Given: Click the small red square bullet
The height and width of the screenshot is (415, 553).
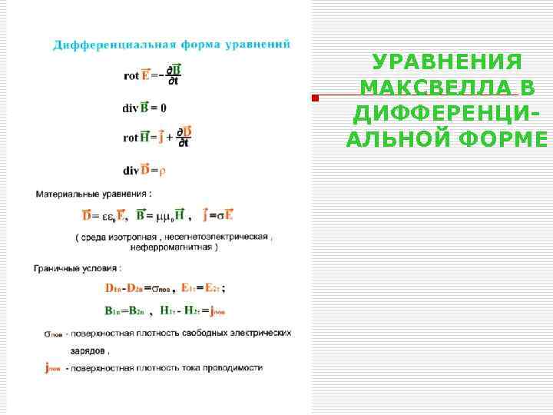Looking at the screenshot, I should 314,98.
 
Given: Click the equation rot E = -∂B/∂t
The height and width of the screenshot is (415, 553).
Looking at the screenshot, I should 152,75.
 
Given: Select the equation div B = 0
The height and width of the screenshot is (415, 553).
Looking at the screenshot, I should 144,108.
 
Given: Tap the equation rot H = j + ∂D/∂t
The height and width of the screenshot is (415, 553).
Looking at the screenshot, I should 157,137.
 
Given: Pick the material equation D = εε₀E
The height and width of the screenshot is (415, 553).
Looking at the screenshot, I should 104,215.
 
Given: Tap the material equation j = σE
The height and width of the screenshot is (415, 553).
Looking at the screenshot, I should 218,215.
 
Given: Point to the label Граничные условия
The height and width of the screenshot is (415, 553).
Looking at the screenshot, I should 77,268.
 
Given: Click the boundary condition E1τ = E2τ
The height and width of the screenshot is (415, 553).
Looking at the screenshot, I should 203,288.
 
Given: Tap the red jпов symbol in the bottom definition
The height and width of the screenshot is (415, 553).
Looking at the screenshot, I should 53,369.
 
